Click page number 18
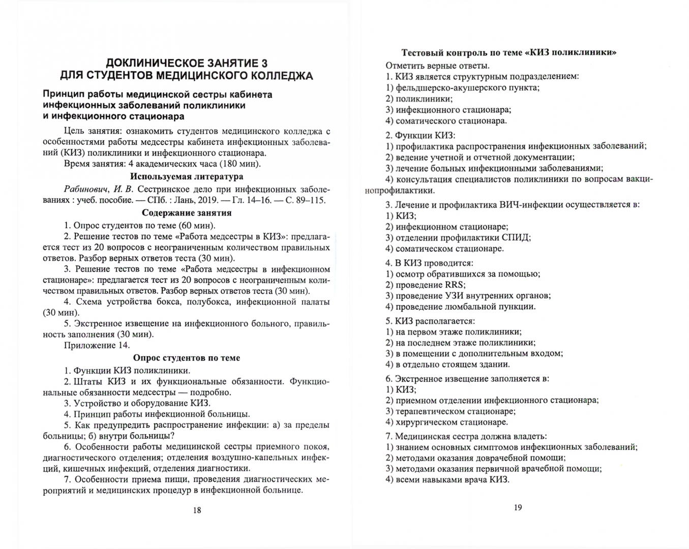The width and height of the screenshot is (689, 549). [197, 510]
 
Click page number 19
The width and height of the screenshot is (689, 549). [518, 507]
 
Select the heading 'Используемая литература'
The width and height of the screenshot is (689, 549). [187, 177]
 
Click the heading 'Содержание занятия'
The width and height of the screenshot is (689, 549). [187, 213]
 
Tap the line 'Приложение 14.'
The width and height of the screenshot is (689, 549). [97, 346]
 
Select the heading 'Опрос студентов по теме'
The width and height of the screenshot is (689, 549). [187, 358]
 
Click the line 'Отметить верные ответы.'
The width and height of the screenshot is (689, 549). [437, 66]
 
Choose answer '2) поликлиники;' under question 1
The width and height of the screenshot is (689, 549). [418, 99]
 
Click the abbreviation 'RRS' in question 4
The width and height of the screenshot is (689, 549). [454, 285]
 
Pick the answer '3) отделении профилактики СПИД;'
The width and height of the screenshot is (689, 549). [458, 237]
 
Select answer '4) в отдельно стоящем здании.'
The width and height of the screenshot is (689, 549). [447, 364]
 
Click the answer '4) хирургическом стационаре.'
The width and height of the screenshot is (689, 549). [446, 422]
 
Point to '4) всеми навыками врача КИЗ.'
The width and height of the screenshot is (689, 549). [447, 479]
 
